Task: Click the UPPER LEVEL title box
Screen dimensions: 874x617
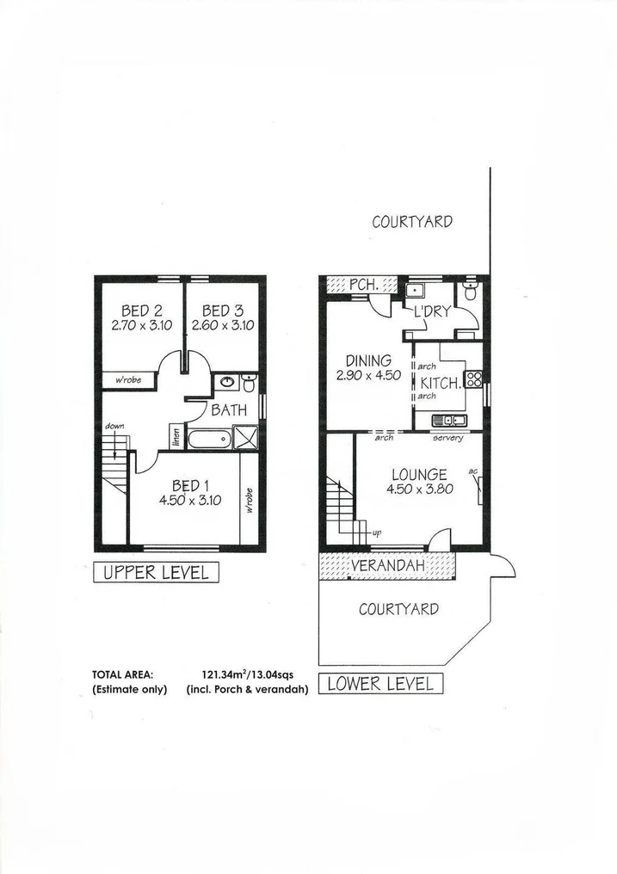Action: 156,572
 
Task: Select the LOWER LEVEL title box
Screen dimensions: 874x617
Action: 381,684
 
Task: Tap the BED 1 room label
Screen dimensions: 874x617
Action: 190,486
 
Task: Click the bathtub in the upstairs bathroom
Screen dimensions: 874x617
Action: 209,440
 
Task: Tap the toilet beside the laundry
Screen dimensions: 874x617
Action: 468,293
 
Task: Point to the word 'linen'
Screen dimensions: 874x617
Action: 175,437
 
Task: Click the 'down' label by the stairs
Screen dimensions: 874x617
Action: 114,426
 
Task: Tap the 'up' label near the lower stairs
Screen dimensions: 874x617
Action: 376,533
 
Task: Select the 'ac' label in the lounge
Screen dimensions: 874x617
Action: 472,471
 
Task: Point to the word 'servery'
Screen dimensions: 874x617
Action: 448,438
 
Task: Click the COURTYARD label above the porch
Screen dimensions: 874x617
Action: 412,221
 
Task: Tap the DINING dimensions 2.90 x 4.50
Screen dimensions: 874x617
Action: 368,375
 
